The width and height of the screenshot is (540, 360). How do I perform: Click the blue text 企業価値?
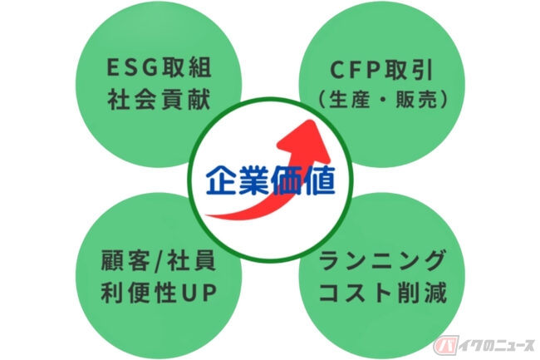pyautogui.click(x=270, y=180)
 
